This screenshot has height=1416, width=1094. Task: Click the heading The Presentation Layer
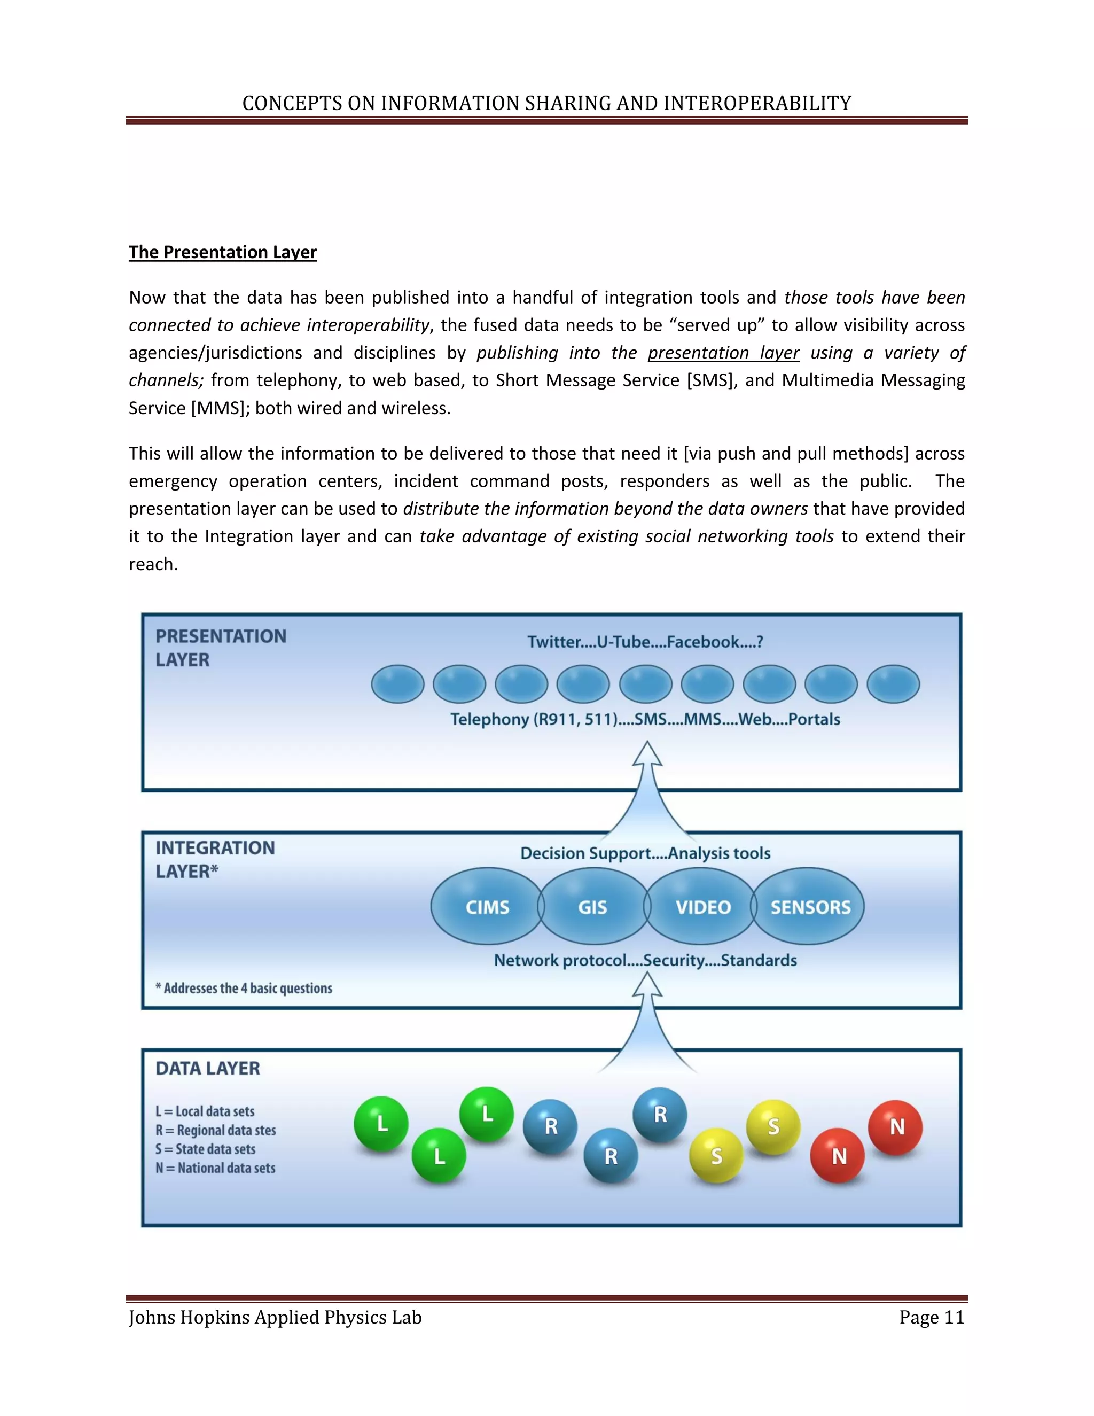coord(222,252)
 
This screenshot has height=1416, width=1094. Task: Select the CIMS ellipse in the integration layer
coord(487,906)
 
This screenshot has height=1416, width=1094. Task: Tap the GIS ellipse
coord(592,906)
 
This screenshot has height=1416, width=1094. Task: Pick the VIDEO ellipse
coord(702,906)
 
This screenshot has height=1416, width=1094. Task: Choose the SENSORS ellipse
coord(809,906)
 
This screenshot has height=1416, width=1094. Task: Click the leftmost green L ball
coord(381,1124)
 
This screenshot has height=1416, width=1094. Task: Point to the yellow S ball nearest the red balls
coord(773,1127)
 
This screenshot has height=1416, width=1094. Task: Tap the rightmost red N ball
coord(896,1127)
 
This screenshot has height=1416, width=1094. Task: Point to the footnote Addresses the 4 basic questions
coord(244,988)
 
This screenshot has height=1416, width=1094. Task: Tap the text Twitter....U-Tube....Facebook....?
coord(645,642)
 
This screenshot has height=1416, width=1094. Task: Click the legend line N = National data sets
coord(215,1168)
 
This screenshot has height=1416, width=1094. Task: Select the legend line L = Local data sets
coord(205,1111)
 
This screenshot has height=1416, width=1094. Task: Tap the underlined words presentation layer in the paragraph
coord(723,353)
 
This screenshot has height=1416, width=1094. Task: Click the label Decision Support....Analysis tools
coord(645,853)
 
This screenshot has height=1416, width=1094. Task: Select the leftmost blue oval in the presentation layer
coord(397,684)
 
